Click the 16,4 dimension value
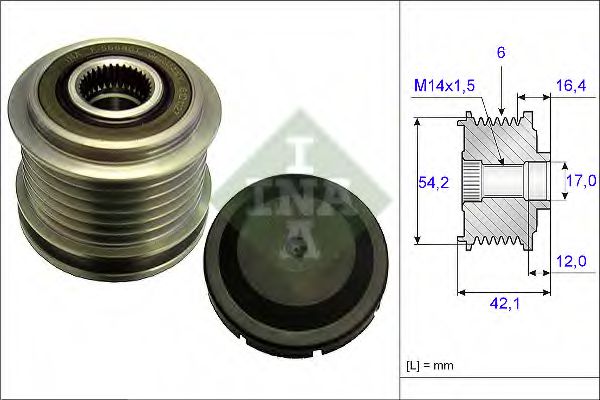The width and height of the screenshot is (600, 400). [571, 87]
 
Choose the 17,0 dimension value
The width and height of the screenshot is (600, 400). [581, 181]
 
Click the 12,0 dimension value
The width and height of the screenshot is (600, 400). [571, 261]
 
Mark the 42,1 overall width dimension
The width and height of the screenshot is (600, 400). [504, 309]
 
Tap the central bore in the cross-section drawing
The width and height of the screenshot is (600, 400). [510, 181]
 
